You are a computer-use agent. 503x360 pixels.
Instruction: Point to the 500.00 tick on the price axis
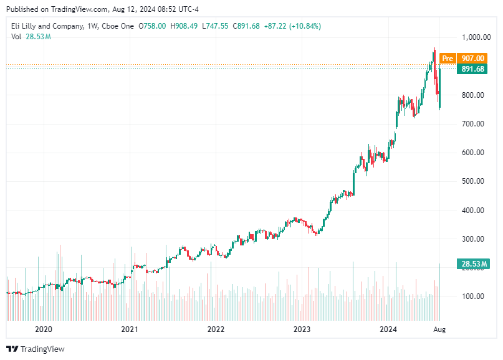point(473,181)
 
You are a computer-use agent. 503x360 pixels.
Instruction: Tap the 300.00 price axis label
point(473,239)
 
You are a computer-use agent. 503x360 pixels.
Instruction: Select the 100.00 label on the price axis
point(473,296)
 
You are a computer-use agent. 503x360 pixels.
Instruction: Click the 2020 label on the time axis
point(43,328)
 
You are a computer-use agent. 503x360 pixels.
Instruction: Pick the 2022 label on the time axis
point(216,328)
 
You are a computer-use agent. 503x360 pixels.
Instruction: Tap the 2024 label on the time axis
point(388,328)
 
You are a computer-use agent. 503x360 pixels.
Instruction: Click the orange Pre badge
point(447,59)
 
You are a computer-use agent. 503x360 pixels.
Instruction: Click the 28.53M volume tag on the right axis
point(473,264)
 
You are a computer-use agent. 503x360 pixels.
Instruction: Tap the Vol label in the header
point(17,37)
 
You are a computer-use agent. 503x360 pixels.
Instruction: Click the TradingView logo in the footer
point(36,349)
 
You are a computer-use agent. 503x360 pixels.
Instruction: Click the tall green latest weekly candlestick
point(440,87)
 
